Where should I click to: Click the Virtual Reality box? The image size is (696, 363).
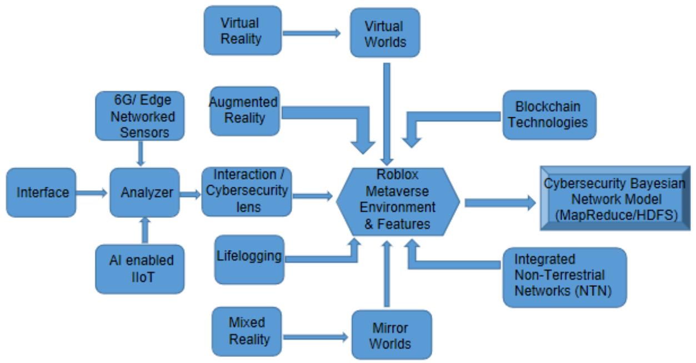[x=243, y=31]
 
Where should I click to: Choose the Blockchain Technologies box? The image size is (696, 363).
[x=549, y=115]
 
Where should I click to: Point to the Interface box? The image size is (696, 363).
[x=41, y=192]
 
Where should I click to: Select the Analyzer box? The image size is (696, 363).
[x=144, y=192]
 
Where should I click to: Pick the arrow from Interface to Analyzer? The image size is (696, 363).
[x=92, y=193]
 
